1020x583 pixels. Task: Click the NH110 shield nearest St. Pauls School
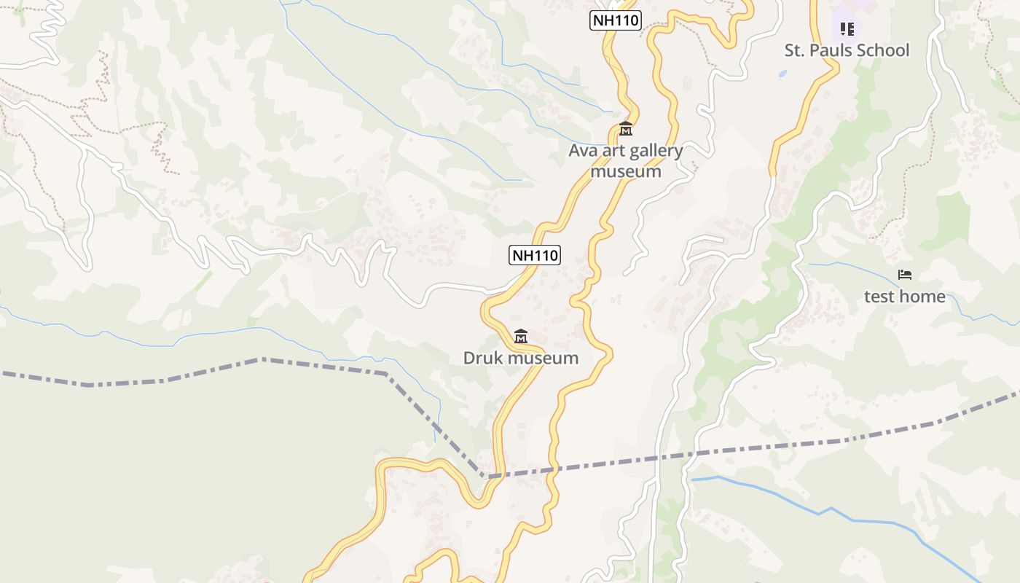[615, 20]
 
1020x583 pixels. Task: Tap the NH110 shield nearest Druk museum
[535, 255]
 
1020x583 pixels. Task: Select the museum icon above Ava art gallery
[625, 130]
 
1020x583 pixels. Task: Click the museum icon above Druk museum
[520, 337]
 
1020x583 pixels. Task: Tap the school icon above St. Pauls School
[847, 29]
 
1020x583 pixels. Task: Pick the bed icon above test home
[905, 275]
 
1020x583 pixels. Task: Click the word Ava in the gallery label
[583, 152]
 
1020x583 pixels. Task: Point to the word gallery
[654, 152]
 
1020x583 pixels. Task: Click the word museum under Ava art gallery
[626, 172]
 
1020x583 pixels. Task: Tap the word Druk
[483, 359]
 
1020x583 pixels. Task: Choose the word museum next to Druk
[543, 359]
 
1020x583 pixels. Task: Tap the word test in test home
[880, 297]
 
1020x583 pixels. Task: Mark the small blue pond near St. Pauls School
[782, 74]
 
